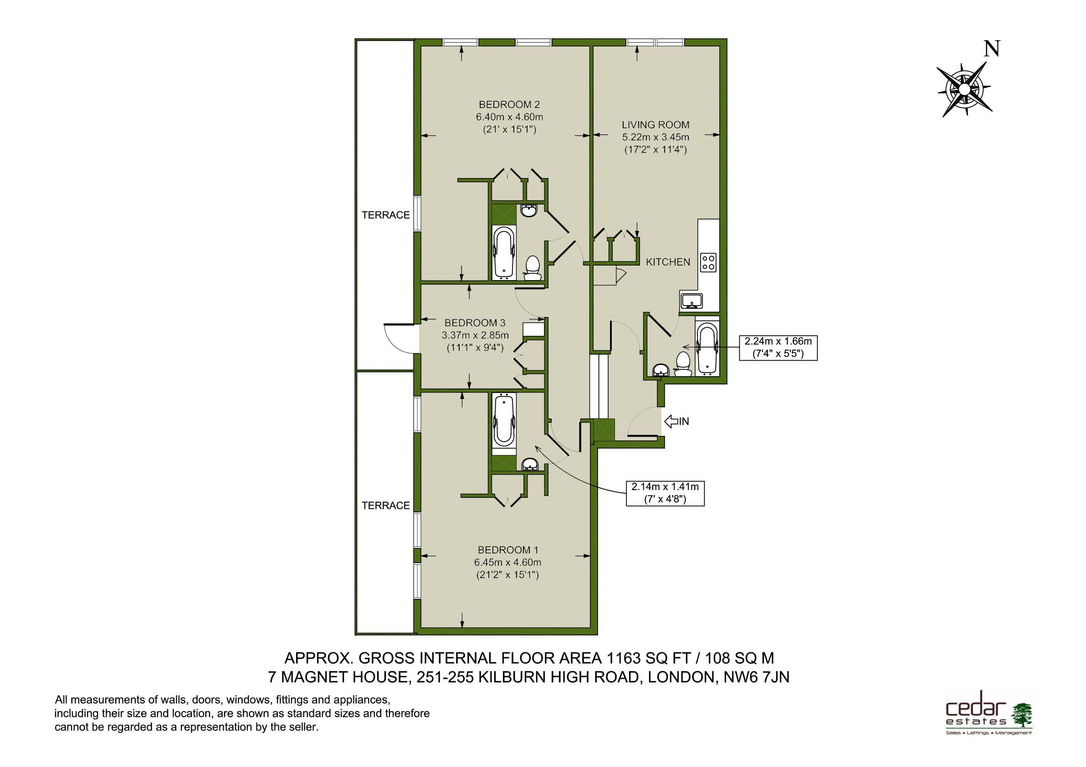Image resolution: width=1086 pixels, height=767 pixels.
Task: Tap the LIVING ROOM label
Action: click(x=656, y=125)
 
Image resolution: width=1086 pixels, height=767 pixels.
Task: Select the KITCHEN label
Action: click(x=668, y=262)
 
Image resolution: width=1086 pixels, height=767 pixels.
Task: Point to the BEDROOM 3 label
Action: click(x=475, y=323)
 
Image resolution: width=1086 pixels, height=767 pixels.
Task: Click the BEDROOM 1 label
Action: click(x=508, y=550)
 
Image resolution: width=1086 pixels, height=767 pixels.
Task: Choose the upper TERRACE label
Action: click(x=386, y=215)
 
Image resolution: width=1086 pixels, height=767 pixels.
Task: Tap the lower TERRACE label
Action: click(x=386, y=506)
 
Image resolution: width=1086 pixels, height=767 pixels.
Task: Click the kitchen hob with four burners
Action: click(x=708, y=262)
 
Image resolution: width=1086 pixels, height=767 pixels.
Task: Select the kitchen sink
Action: click(x=692, y=300)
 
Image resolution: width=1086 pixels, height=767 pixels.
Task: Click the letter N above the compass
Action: click(x=991, y=49)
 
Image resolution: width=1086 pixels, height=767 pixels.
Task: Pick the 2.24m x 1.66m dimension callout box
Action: click(x=778, y=348)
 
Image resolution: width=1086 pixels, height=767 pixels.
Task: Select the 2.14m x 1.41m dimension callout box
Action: click(x=665, y=493)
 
